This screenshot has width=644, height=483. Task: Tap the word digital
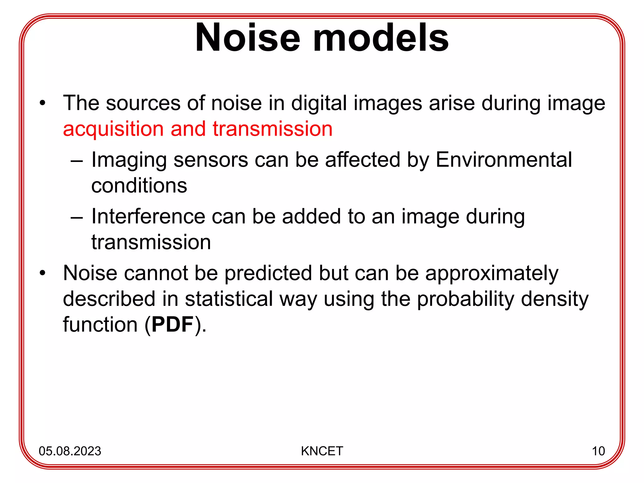tap(319, 104)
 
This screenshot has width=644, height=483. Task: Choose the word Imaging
tap(129, 160)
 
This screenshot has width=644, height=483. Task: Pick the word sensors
tap(211, 160)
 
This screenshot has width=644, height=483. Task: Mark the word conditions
tap(139, 186)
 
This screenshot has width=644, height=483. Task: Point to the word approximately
tap(491, 274)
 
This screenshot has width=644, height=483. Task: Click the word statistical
tap(229, 299)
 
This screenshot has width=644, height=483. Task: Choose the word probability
tap(466, 299)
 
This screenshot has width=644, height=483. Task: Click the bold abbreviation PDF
tap(172, 325)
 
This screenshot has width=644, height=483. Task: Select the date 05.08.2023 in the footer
tap(70, 451)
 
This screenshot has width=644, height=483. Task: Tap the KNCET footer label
tap(322, 451)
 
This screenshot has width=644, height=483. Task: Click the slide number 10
tap(598, 451)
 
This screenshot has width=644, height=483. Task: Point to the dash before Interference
tap(77, 217)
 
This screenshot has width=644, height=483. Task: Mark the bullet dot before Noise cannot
tap(42, 273)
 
